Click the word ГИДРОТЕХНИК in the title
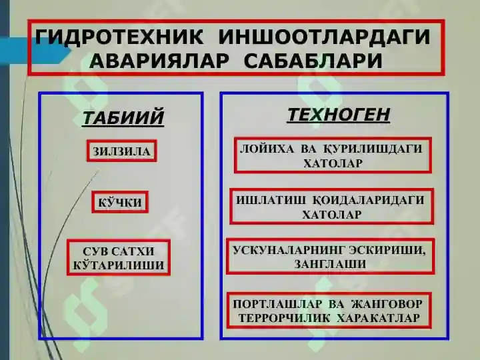click(x=119, y=37)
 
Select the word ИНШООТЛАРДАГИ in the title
click(x=324, y=37)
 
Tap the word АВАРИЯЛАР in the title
click(x=159, y=61)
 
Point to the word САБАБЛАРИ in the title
click(x=313, y=61)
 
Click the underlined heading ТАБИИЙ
click(x=123, y=117)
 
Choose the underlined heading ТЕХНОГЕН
click(x=338, y=115)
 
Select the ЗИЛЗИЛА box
click(x=121, y=151)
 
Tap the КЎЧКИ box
click(x=120, y=202)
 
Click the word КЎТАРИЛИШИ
click(x=118, y=265)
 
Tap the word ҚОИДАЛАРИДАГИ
click(x=368, y=201)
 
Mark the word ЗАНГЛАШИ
click(x=330, y=264)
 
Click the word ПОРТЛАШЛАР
click(x=277, y=304)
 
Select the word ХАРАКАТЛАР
click(x=379, y=318)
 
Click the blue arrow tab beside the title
click(x=35, y=51)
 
